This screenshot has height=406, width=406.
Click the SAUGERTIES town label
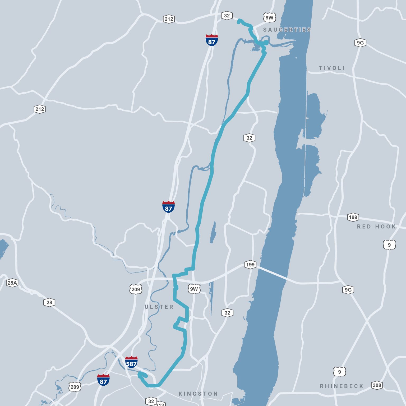coord(287,30)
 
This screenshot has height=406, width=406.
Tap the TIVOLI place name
coord(332,68)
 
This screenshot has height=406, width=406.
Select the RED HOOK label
coord(376,227)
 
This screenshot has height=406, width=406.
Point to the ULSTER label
coord(159,307)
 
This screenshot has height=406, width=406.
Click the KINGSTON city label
coord(198,394)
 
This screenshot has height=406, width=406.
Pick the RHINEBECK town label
coord(342,386)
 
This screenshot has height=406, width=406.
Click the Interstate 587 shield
coord(131,362)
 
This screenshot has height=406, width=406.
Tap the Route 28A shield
coord(12,283)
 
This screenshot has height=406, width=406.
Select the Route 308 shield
coord(377,385)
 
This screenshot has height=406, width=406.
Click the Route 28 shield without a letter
coord(49,302)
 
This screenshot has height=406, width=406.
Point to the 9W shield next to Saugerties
coord(270,18)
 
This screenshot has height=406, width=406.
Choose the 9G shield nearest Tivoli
coord(360,43)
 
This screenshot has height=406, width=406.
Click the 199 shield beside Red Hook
coord(353,217)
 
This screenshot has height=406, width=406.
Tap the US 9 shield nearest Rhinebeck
coord(339,372)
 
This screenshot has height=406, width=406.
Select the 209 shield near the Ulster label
coord(136,289)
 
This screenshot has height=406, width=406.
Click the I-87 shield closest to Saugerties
coord(212,40)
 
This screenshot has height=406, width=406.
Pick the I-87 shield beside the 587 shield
coord(103,380)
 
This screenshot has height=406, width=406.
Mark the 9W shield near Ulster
coord(194,289)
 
